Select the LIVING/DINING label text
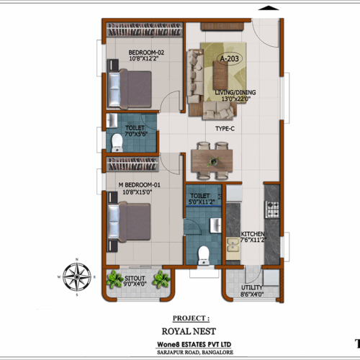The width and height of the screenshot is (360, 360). pyautogui.click(x=235, y=92)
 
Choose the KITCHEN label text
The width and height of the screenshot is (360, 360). pyautogui.click(x=253, y=235)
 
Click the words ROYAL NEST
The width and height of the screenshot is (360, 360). pyautogui.click(x=191, y=331)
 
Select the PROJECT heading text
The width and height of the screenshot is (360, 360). pyautogui.click(x=191, y=317)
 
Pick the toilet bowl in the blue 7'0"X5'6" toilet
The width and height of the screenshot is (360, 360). pyautogui.click(x=117, y=140)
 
